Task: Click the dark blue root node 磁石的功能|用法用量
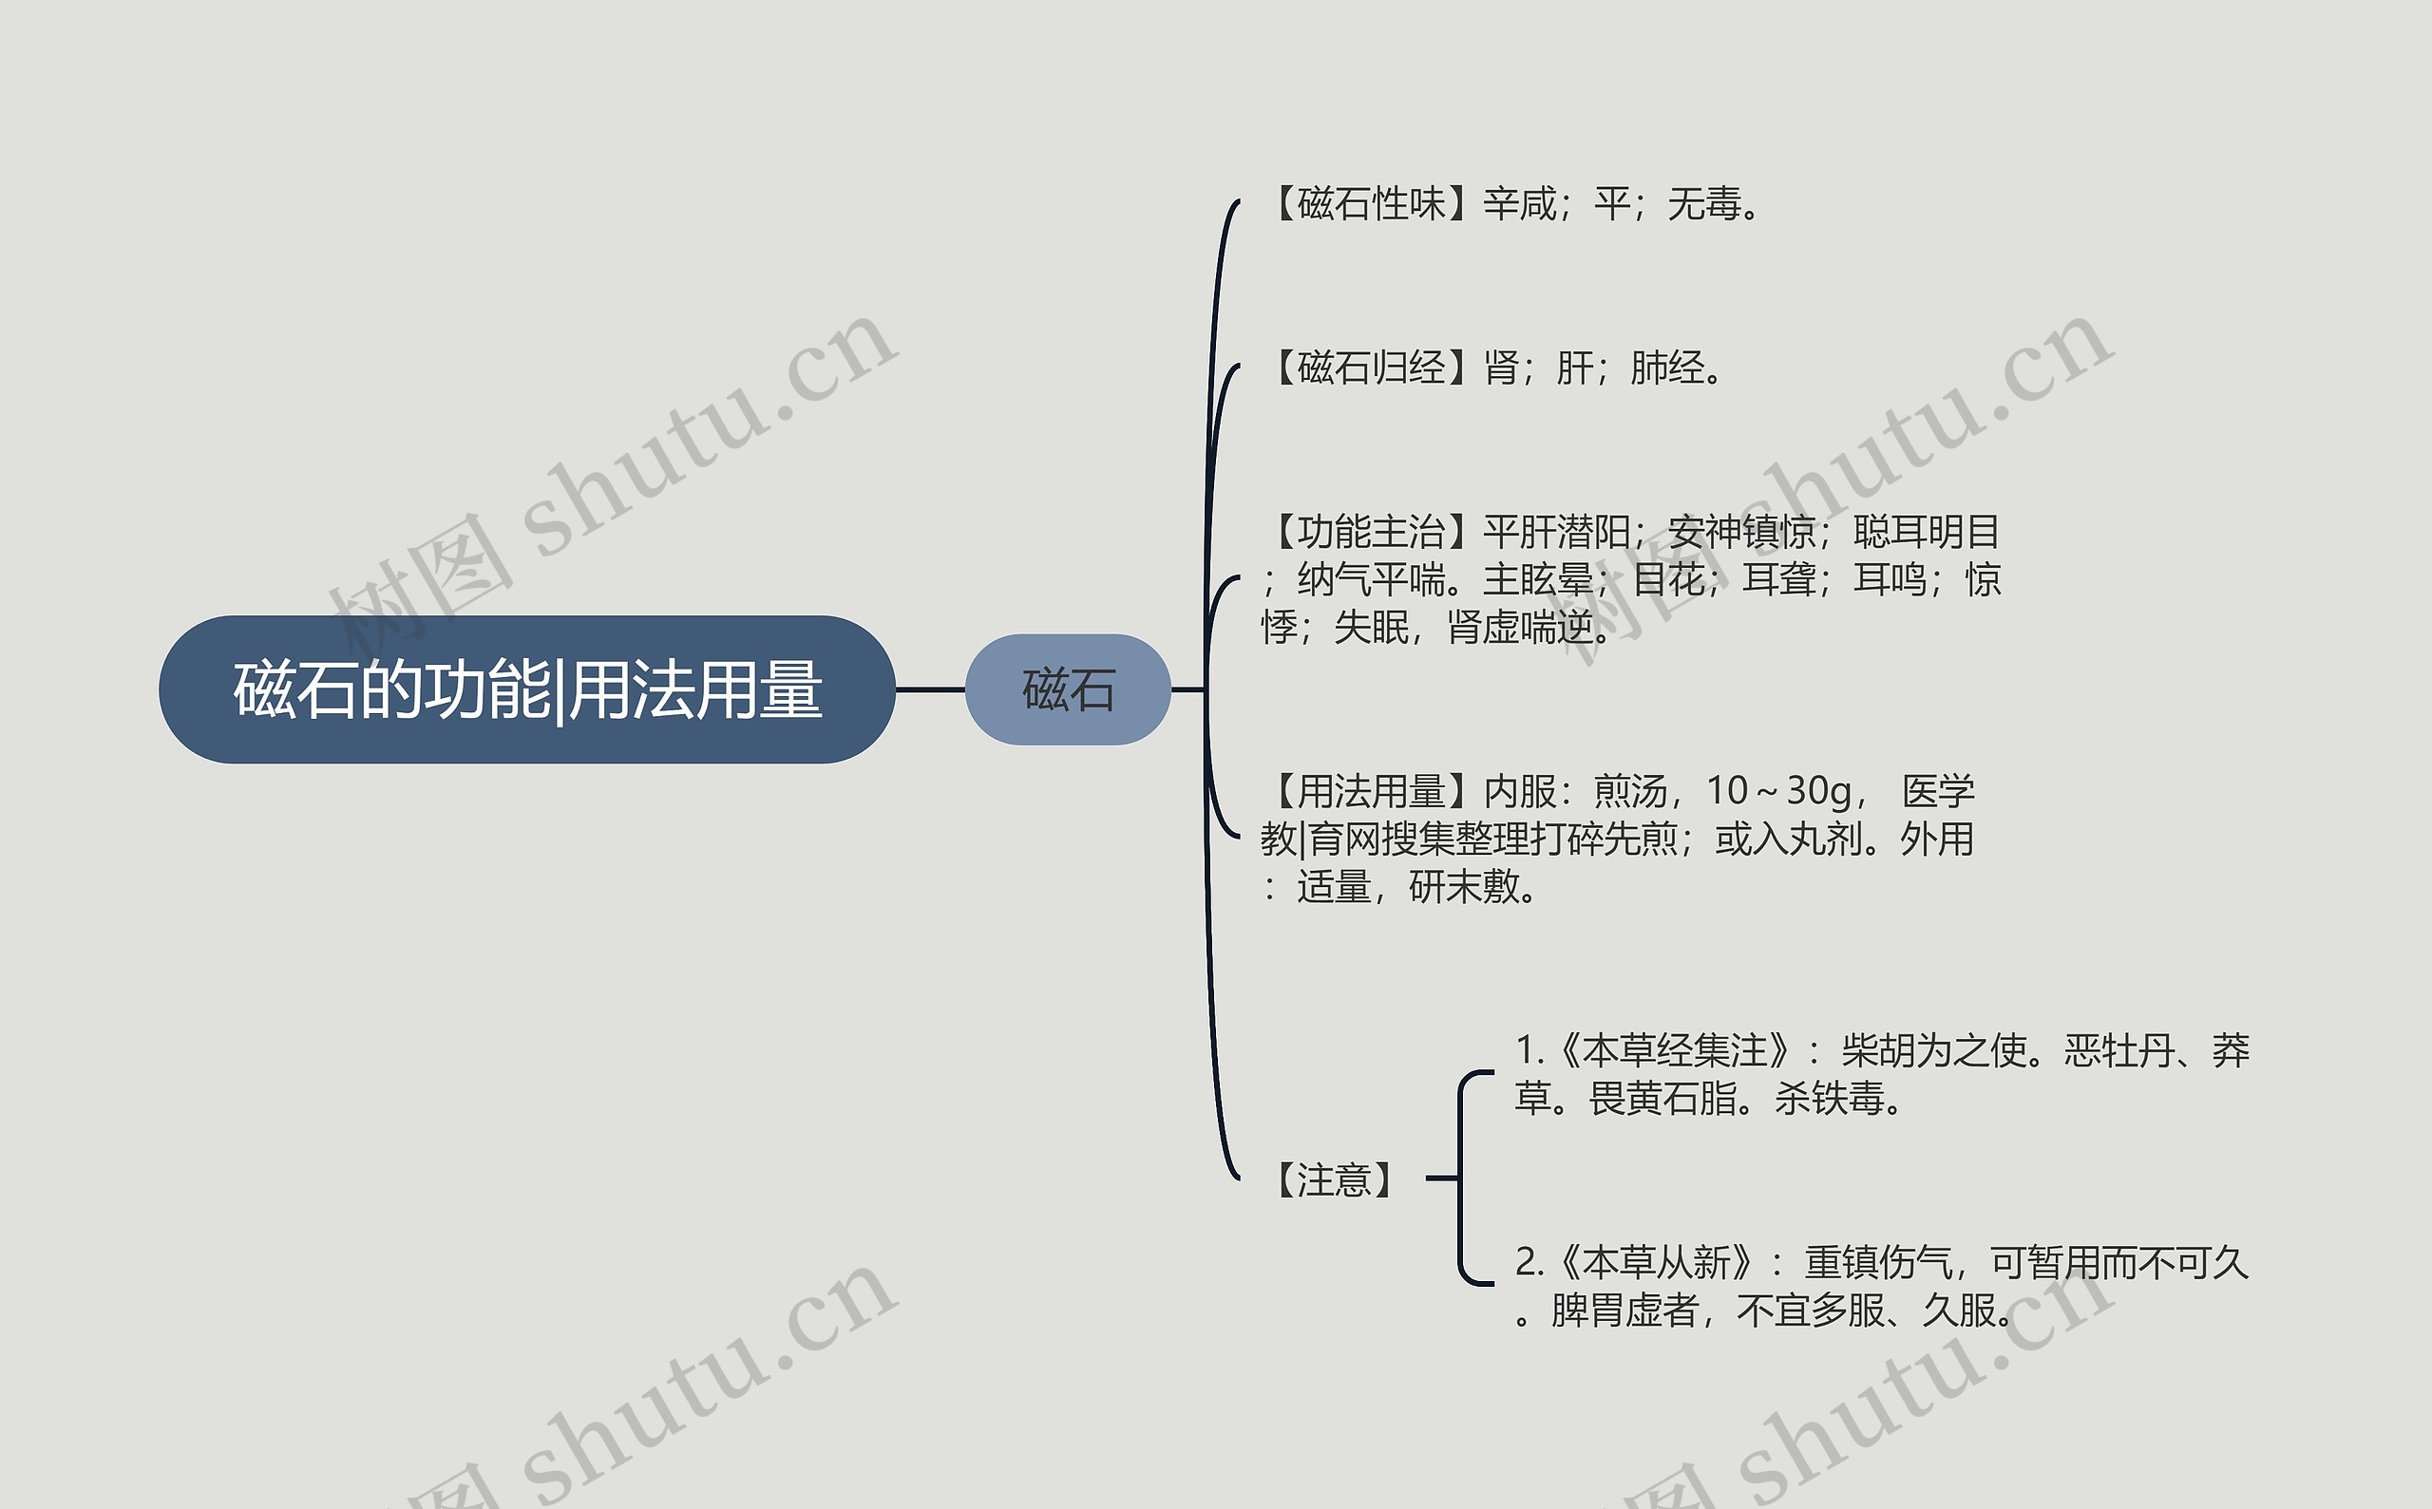pos(526,689)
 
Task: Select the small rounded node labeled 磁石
pos(1067,689)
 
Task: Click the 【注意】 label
pos(1333,1179)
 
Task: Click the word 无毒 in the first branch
pos(1704,204)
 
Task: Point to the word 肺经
pos(1667,368)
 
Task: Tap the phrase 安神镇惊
pos(1741,532)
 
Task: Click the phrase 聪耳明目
pos(1926,532)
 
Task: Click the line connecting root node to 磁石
pos(929,689)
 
